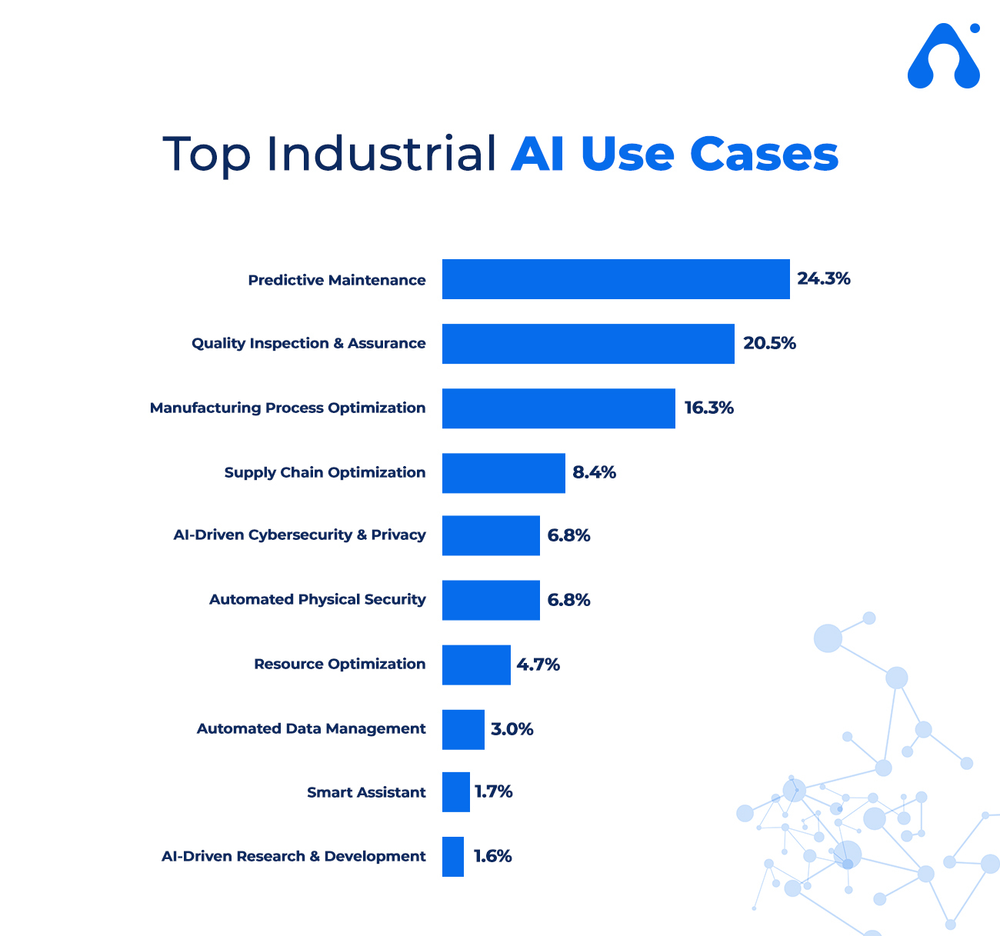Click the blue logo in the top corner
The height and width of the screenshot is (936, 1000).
pos(944,55)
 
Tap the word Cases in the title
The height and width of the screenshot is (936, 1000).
pos(764,154)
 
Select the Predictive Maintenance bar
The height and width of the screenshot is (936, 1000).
pos(616,279)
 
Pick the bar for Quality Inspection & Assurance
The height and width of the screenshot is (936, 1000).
pos(588,343)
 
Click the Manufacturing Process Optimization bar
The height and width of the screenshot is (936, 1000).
pos(558,408)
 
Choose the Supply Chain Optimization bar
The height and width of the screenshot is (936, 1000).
pos(504,473)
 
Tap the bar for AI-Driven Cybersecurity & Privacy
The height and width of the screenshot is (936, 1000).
pos(491,535)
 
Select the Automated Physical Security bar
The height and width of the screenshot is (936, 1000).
pos(491,600)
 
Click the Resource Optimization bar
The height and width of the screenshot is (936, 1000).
pos(476,665)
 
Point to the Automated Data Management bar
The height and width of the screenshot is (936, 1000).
pos(463,730)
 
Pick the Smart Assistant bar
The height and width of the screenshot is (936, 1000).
pos(456,792)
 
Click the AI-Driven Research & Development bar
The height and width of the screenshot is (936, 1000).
pos(453,857)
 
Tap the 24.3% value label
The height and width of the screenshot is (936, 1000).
pos(824,278)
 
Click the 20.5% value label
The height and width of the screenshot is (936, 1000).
pos(769,343)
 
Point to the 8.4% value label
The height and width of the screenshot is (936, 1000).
pos(594,472)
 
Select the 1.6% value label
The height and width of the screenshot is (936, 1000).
pos(492,856)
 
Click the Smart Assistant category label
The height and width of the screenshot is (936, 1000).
pos(366,792)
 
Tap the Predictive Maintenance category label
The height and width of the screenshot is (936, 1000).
pos(337,280)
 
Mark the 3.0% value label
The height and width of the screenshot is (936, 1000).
pos(512,729)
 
